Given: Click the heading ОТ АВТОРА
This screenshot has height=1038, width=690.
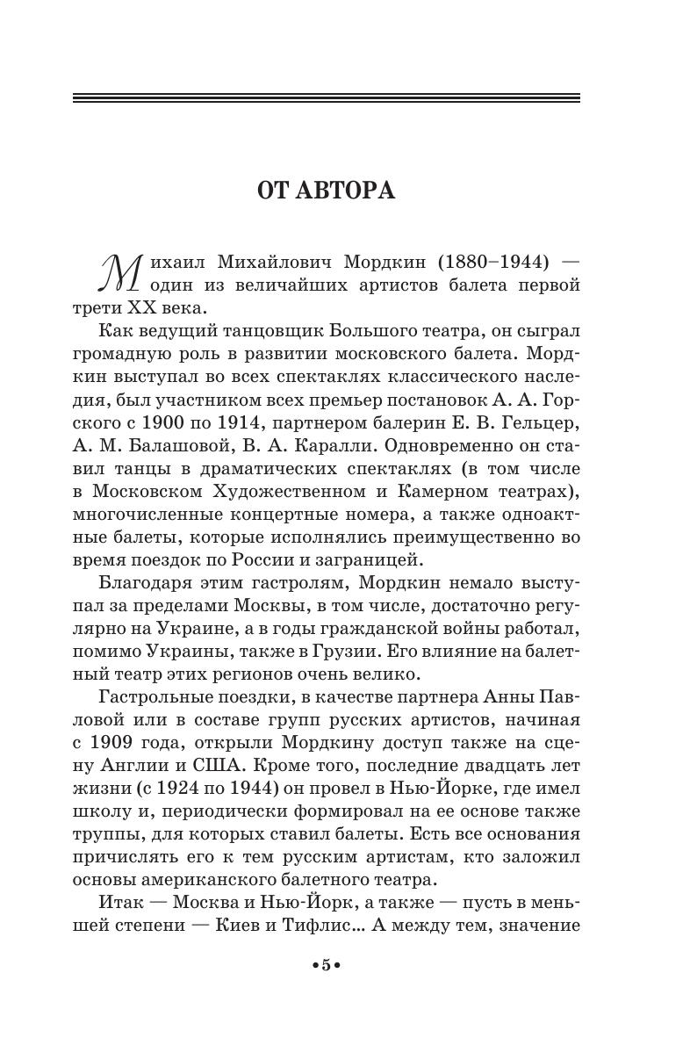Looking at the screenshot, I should point(326,191).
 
